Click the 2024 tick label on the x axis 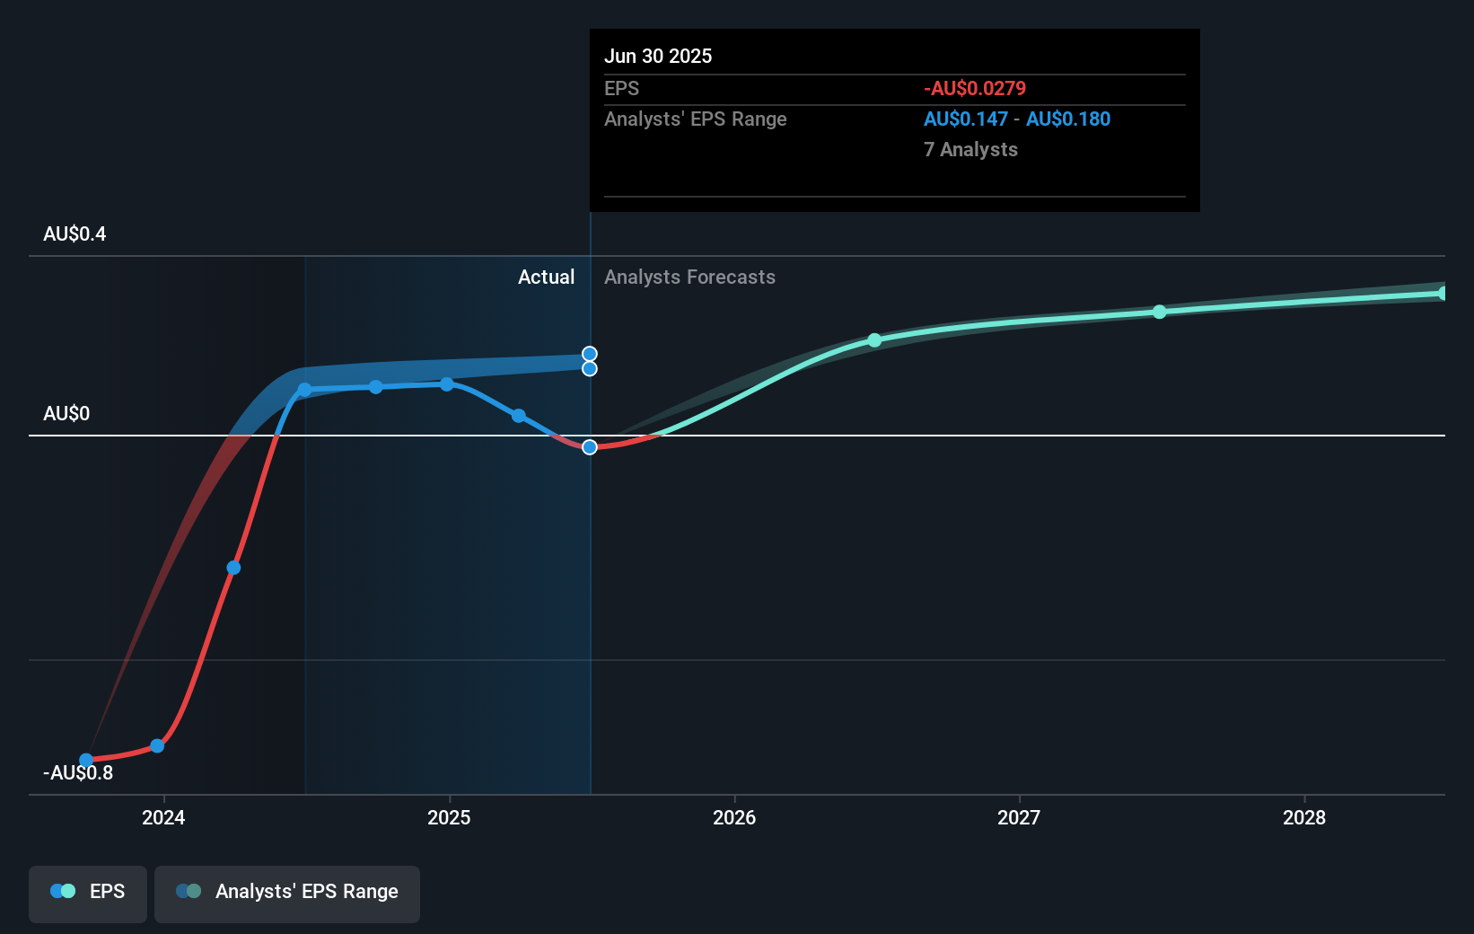point(163,817)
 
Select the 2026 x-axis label point(733,817)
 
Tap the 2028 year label point(1303,817)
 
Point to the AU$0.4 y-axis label point(75,234)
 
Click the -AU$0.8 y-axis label point(78,773)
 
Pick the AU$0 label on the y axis point(66,414)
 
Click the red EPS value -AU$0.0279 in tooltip point(974,89)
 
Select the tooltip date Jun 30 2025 point(658,57)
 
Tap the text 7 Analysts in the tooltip point(970,150)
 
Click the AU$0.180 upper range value point(1067,119)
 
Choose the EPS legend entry point(88,892)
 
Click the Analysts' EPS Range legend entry point(287,892)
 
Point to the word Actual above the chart point(546,278)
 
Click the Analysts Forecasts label point(689,278)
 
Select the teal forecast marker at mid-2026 point(874,340)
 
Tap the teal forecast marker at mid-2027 point(1159,312)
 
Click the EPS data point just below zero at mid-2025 point(590,447)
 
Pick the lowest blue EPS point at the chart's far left point(86,760)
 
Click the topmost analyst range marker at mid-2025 point(590,354)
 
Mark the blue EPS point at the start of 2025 point(447,384)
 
